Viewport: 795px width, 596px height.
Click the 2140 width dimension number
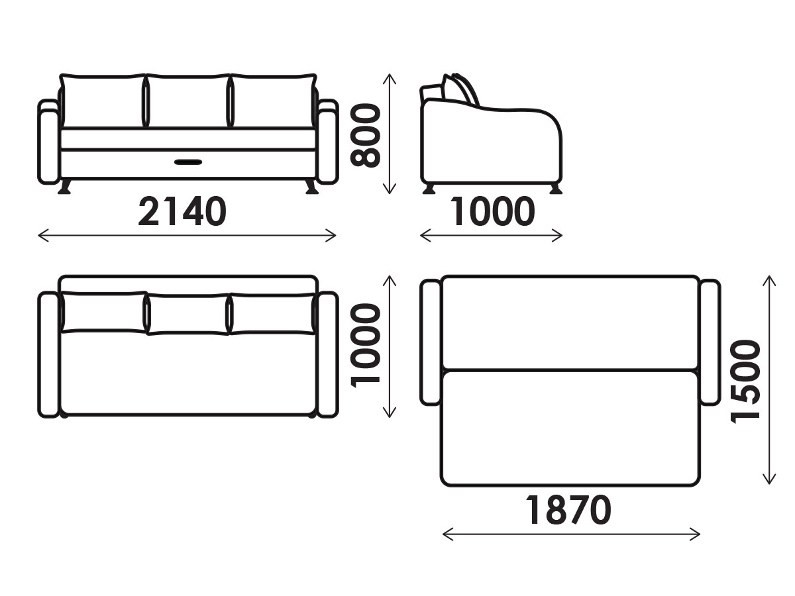(182, 211)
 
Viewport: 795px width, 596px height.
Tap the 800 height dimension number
(366, 135)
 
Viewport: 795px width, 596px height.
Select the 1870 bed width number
(568, 510)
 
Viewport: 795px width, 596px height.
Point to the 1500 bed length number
(746, 381)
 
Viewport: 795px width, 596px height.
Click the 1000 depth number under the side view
(492, 211)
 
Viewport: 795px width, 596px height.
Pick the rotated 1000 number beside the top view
(366, 346)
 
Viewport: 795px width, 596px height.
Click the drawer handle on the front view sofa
(188, 162)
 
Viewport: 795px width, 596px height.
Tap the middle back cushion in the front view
(188, 101)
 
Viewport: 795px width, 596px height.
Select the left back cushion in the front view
(103, 101)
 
